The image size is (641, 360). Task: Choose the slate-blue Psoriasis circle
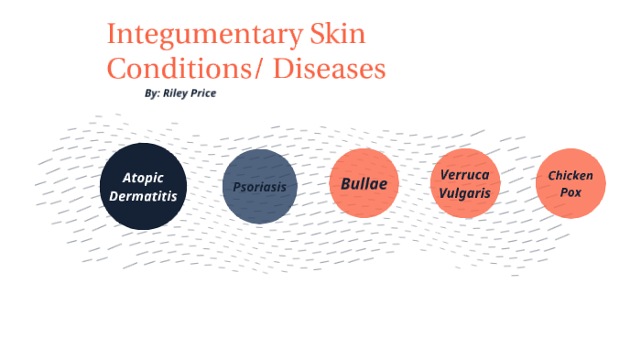(259, 186)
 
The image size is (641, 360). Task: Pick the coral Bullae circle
(364, 183)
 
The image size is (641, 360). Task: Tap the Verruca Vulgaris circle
(465, 183)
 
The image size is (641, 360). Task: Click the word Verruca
(465, 174)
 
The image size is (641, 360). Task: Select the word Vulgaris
(465, 193)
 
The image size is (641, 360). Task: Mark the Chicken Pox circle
(570, 183)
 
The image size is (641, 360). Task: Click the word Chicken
(570, 175)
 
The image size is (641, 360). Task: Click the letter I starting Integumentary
(112, 35)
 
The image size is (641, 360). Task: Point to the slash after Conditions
(252, 70)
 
